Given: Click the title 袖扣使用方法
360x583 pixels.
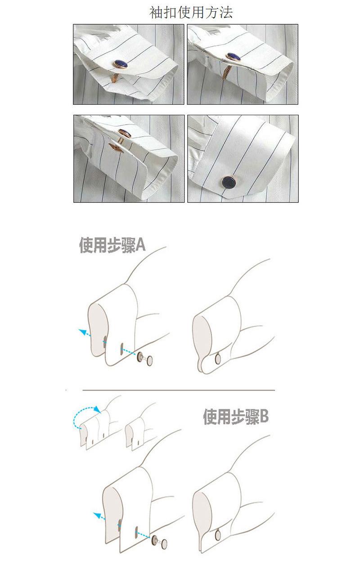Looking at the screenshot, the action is pos(191,13).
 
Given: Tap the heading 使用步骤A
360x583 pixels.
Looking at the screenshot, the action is pos(112,245).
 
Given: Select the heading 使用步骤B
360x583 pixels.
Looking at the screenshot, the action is pos(235,417).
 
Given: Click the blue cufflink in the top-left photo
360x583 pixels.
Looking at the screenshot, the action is pos(121,64).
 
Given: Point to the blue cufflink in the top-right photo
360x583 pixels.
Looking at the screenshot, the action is pos(234,57).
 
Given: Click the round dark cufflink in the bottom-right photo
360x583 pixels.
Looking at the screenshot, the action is pos(229,181).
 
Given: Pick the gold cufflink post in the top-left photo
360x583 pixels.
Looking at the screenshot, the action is pos(115,77).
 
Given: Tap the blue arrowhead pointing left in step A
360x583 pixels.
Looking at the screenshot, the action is pos(82,332).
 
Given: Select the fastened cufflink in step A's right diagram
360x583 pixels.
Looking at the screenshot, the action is pos(218,359).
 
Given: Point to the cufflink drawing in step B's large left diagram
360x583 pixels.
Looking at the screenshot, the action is pos(159,543).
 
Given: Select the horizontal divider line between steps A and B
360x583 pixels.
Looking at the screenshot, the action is pos(179,390).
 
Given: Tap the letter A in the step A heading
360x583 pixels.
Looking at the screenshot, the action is pos(140,245).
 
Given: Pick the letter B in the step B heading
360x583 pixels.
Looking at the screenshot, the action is pos(264,417).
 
